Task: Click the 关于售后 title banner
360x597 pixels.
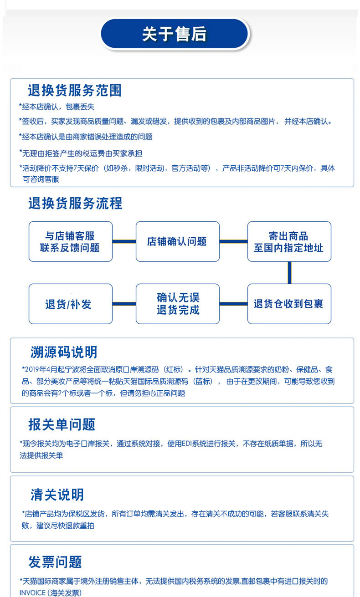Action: tap(175, 34)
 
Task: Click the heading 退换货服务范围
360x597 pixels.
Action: tap(75, 90)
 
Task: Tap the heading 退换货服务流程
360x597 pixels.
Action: tap(75, 203)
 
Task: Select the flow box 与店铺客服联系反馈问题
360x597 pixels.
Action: tap(70, 241)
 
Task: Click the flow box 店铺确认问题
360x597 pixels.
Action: tap(177, 241)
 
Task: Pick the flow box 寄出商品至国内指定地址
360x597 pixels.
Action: tap(289, 241)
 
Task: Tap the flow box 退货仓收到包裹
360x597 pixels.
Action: tap(289, 304)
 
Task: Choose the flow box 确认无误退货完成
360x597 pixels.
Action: tap(177, 304)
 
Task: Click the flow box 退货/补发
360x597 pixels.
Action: tap(70, 304)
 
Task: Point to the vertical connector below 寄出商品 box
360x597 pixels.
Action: tap(289, 272)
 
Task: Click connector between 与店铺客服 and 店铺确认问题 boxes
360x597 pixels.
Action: tap(124, 241)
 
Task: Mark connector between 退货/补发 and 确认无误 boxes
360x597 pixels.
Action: tap(124, 304)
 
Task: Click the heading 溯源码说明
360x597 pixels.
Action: tap(64, 352)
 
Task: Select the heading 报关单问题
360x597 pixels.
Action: tap(62, 424)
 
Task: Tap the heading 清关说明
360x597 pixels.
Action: tap(57, 495)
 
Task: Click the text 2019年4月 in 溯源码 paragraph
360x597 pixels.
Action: tap(42, 370)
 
